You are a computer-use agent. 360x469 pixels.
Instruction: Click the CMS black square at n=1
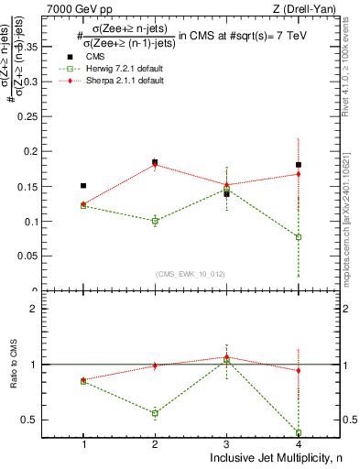[83, 186]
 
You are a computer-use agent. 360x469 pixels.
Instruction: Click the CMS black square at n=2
[155, 162]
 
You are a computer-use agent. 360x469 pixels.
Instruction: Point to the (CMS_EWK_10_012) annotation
[191, 273]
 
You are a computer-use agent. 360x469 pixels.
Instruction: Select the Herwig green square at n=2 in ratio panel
[155, 413]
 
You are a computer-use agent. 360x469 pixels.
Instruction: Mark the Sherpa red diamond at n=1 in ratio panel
[83, 379]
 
